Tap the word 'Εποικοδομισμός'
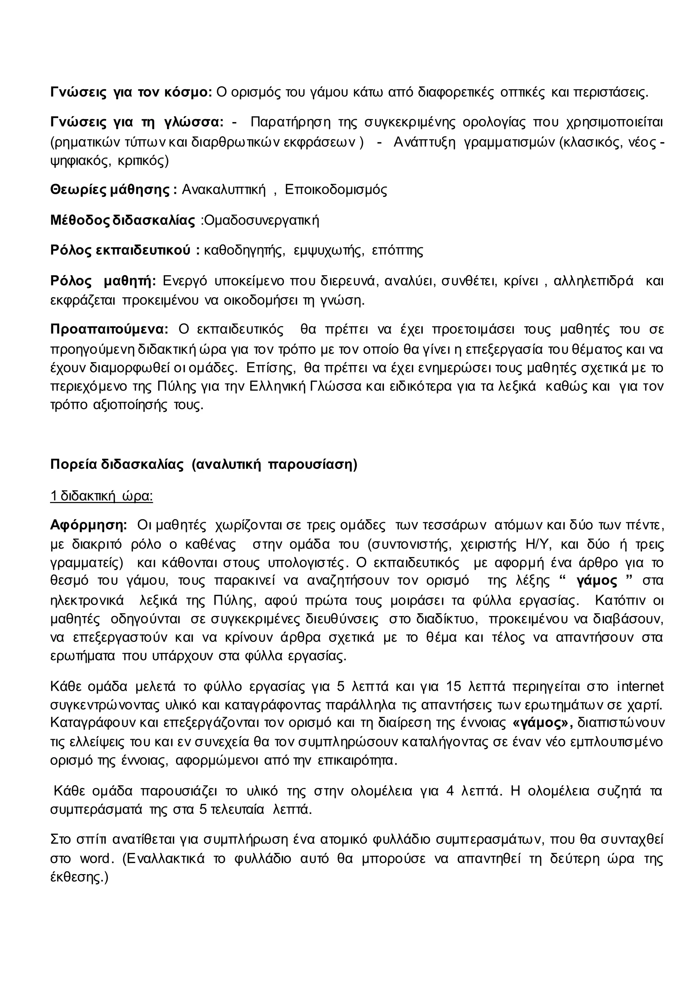336,190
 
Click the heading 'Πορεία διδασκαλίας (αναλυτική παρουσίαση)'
204,465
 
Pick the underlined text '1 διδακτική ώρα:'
101,496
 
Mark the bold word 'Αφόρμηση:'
88,525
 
